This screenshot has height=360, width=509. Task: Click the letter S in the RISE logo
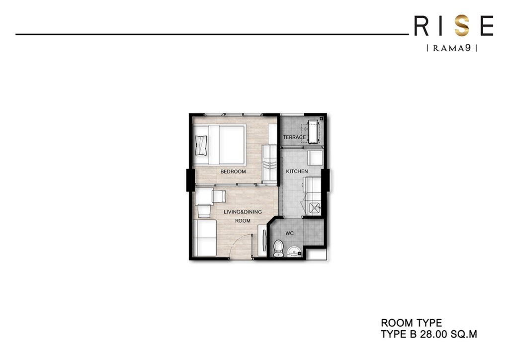[x=462, y=26]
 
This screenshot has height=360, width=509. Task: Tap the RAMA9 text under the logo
[x=452, y=48]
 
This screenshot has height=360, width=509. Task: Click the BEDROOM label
[x=233, y=172]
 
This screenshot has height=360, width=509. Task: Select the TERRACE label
[x=294, y=137]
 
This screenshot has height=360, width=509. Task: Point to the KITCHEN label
[x=297, y=172]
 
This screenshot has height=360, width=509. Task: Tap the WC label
[x=290, y=233]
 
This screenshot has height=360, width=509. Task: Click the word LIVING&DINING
[x=243, y=212]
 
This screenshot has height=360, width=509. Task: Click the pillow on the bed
[x=202, y=145]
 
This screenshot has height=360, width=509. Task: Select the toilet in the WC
[x=278, y=247]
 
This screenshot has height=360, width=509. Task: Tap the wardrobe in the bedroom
[x=269, y=164]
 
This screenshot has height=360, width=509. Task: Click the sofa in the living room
[x=204, y=238]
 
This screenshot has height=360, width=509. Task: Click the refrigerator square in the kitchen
[x=316, y=158]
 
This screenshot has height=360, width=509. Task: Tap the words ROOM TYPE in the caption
[x=411, y=324]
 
